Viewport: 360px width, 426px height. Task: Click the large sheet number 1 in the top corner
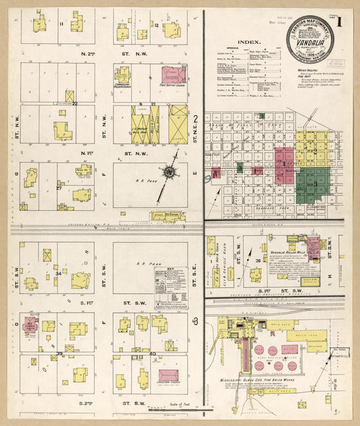coord(339,22)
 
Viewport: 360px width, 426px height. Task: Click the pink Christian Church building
coord(168,375)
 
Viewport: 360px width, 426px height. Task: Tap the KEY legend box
coord(170,287)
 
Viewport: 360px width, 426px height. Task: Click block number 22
coord(75,103)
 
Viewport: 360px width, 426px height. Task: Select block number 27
coord(59,188)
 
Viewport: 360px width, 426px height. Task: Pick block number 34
coord(58,273)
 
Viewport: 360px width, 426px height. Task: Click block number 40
coord(151,353)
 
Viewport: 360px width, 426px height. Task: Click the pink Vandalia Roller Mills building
coord(313,246)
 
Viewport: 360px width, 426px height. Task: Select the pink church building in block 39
coord(30,325)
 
